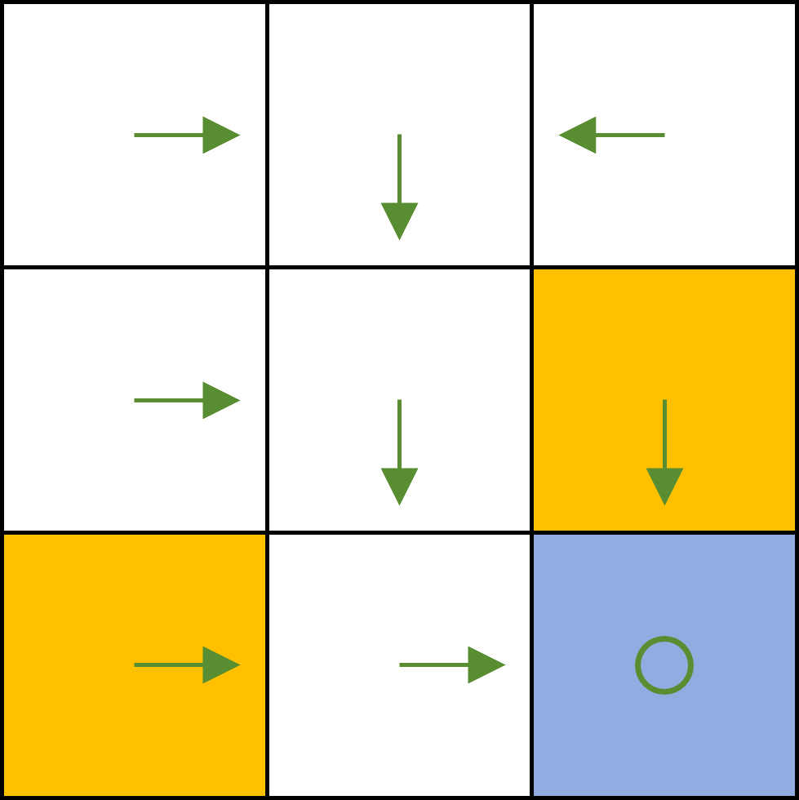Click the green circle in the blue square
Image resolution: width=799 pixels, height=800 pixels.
pyautogui.click(x=664, y=665)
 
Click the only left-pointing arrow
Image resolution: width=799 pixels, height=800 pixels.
pyautogui.click(x=612, y=135)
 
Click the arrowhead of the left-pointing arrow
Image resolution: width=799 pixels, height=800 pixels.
pyautogui.click(x=579, y=135)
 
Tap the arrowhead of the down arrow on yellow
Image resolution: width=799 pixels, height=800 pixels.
pyautogui.click(x=664, y=485)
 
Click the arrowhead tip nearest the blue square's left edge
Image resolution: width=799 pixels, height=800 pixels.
pyautogui.click(x=504, y=664)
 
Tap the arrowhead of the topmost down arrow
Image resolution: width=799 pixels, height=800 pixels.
pyautogui.click(x=399, y=220)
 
